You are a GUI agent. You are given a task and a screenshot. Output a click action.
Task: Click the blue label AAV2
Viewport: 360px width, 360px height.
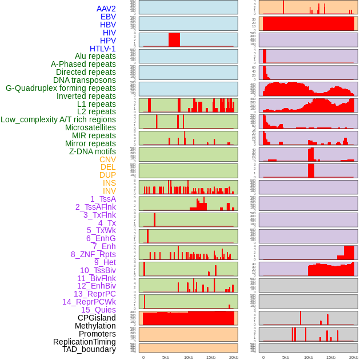pos(106,9)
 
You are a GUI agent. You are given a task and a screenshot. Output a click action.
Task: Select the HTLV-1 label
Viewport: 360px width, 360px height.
pos(102,49)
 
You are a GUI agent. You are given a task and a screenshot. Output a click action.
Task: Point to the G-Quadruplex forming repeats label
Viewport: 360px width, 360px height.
pos(61,88)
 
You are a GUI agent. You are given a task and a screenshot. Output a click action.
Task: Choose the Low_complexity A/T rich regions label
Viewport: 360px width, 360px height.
pos(58,119)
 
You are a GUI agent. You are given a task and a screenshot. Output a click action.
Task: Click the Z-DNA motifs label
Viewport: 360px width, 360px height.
pos(92,151)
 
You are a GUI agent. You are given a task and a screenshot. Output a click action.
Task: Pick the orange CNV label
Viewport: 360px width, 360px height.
pos(107,159)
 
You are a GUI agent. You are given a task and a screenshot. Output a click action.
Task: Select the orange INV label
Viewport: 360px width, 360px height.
pos(109,191)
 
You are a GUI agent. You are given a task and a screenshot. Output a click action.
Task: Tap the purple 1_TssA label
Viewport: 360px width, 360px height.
pos(103,199)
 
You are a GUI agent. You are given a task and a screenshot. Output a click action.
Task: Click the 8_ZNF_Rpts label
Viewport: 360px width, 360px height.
pos(93,254)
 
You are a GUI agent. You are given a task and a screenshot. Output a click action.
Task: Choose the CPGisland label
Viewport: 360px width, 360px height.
pos(97,318)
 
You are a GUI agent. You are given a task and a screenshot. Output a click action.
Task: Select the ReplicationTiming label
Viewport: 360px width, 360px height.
pos(84,342)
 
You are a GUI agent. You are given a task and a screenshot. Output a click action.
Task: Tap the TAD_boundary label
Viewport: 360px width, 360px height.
pos(89,349)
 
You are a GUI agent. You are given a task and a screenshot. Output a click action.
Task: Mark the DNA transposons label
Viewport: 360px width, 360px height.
pos(84,80)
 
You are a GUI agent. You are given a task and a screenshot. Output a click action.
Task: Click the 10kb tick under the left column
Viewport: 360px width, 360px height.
pos(188,357)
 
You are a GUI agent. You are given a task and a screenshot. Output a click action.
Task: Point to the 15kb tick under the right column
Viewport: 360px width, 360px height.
pos(330,357)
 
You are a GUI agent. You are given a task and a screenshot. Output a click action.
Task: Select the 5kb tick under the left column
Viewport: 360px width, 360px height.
pos(166,357)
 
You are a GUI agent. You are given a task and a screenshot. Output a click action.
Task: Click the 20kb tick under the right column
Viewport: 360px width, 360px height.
pos(353,357)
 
